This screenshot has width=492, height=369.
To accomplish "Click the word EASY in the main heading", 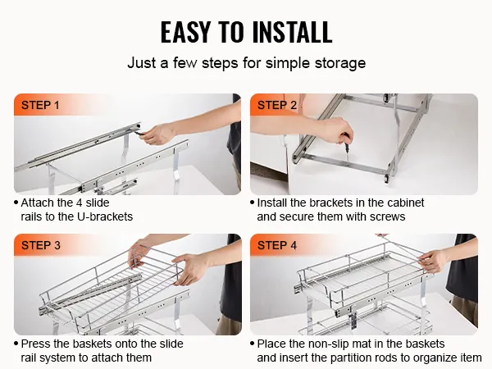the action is tap(185, 32).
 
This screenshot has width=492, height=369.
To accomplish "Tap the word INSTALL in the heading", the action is tap(292, 32).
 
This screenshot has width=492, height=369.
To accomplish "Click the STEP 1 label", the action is tap(40, 105).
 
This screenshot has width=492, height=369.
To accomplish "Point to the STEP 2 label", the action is tap(277, 105).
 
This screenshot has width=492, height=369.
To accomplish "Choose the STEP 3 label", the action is tap(41, 245).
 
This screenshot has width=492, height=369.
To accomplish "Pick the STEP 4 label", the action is tap(277, 245).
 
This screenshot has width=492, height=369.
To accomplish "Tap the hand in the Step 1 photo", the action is tap(157, 134).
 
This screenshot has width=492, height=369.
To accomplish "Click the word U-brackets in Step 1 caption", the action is tap(105, 216).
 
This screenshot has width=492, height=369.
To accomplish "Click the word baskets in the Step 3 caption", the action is tap(92, 344).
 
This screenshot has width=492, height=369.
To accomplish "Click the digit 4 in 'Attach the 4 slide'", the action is tap(79, 203).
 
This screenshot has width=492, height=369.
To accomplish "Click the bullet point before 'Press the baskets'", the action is tap(16, 344).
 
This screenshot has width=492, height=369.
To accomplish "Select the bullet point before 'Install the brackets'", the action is tap(253, 203).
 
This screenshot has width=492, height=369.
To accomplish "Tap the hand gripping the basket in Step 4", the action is tap(434, 261).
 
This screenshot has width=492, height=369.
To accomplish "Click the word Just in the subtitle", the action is tap(142, 63).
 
